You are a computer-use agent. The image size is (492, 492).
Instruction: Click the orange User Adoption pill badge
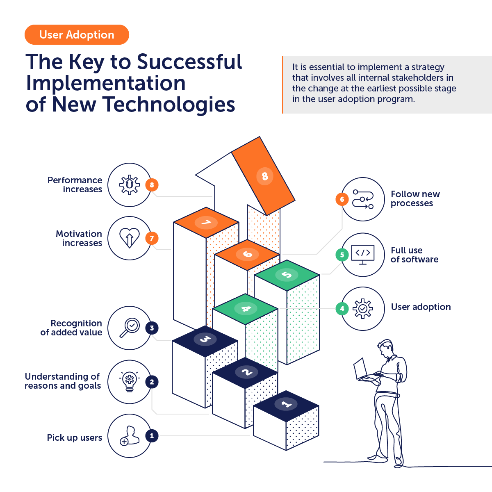point(77,35)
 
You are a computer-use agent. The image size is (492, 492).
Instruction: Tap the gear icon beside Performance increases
point(129,185)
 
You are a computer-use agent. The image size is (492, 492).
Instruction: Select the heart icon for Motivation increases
point(129,238)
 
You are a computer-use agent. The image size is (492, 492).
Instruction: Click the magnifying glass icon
point(130,328)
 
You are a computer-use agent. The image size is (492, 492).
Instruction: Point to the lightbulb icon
point(129,382)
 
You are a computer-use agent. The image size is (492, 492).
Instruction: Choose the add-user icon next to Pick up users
point(129,436)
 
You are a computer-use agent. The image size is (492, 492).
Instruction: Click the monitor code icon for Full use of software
point(363,255)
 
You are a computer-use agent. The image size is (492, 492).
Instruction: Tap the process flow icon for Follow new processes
point(363,199)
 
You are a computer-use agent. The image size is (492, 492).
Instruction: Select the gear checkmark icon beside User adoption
point(363,309)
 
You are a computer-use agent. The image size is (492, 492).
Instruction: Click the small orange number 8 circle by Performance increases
point(152,185)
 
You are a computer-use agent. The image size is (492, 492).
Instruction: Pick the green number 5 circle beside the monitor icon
point(342,255)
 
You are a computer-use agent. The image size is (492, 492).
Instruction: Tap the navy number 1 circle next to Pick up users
point(152,436)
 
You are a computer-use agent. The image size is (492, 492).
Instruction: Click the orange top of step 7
point(206,223)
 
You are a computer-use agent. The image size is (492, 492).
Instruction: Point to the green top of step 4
point(245,309)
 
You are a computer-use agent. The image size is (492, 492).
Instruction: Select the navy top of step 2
point(245,372)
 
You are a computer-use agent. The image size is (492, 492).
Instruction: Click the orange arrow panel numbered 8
point(264,176)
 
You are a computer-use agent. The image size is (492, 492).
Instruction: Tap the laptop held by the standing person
point(360,369)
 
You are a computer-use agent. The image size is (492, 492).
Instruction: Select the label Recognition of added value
point(72,328)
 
